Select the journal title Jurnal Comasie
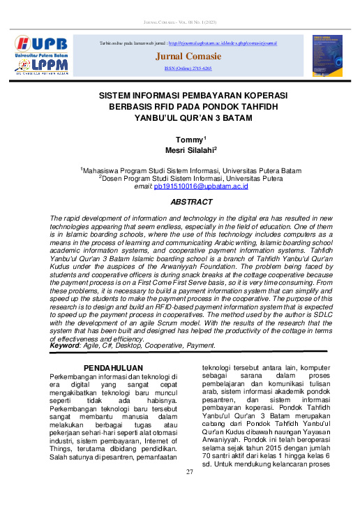[188, 56]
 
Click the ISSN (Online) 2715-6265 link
[188, 69]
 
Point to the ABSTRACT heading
[191, 202]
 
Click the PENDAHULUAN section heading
[113, 367]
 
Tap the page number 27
[189, 473]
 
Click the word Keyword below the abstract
[68, 346]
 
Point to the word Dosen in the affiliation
[115, 178]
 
